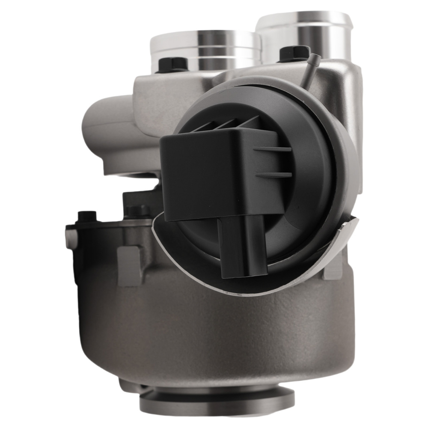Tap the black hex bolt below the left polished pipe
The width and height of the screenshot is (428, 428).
[x=173, y=64]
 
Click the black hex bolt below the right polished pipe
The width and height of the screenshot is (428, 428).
[x=294, y=53]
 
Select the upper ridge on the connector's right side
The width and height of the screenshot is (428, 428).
[x=274, y=150]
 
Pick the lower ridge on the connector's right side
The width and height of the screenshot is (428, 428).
[x=274, y=174]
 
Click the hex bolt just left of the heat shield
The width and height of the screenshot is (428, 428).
[x=137, y=211]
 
